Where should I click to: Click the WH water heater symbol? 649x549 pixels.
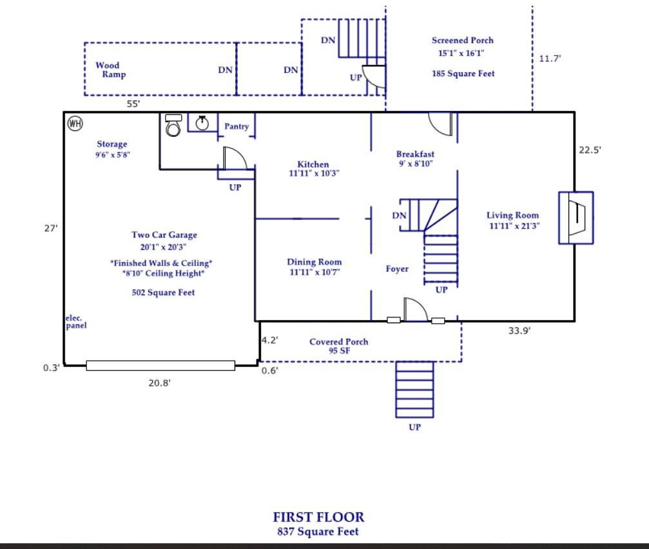pos(75,123)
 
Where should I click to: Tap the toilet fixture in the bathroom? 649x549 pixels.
pos(173,126)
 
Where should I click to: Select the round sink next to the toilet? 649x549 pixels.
pos(202,123)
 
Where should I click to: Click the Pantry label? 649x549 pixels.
pos(236,126)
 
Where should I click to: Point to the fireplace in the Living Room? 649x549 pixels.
pos(576,217)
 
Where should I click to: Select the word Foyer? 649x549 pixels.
pos(397,269)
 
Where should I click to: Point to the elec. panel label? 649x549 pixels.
pos(76,322)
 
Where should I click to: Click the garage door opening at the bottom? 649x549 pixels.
pos(160,366)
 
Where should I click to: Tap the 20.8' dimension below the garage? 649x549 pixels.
pos(160,383)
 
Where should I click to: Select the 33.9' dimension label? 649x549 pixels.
pos(519,331)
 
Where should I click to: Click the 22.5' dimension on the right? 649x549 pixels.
pos(590,150)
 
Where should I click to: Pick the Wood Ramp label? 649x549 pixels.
pos(110,70)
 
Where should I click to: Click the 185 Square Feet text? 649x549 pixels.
pos(463,74)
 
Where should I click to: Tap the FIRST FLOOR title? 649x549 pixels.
pos(318,517)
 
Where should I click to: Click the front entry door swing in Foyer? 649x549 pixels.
pos(415,310)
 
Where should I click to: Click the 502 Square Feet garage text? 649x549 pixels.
pos(163,292)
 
